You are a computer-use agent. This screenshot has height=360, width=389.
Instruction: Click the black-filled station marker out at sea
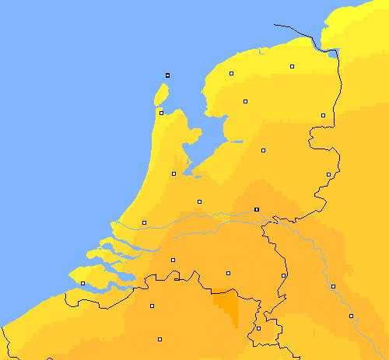[x=167, y=75]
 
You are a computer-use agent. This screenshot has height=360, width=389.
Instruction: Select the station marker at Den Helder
[x=161, y=113]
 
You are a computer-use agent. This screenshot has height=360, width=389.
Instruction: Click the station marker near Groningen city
[x=292, y=67]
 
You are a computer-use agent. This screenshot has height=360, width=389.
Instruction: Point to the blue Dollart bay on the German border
[x=335, y=54]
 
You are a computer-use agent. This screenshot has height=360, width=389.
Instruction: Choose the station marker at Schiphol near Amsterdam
[x=173, y=173]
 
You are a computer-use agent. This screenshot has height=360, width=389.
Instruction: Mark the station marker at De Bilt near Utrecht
[x=199, y=201]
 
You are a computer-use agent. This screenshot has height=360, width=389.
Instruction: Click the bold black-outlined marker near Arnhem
[x=256, y=209]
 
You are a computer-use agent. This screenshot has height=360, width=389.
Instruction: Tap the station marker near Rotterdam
[x=144, y=223]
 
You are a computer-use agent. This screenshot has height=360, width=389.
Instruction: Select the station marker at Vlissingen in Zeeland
[x=82, y=284]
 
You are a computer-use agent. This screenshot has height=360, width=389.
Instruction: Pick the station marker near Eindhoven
[x=228, y=273]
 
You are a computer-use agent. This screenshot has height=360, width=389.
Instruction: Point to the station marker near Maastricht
[x=258, y=328]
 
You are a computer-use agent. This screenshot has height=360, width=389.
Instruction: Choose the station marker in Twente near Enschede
[x=328, y=174]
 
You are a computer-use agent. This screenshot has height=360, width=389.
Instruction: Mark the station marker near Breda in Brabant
[x=173, y=260]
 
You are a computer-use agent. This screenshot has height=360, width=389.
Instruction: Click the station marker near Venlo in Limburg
[x=283, y=275]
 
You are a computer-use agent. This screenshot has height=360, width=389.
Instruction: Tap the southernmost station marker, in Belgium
[x=159, y=339]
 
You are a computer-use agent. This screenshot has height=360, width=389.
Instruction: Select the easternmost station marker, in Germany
[x=351, y=316]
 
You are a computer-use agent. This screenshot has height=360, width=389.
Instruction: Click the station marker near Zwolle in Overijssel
[x=263, y=150]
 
